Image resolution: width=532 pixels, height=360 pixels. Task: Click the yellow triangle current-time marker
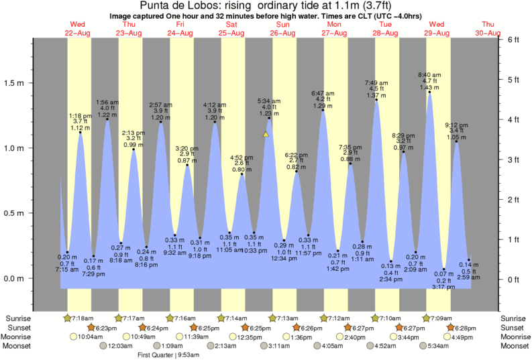coord(266,135)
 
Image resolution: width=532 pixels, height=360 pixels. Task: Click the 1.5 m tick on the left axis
coord(32,83)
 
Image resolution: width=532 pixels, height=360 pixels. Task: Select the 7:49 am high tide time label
coord(376,83)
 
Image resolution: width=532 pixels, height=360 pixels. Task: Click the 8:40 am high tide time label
coord(429,74)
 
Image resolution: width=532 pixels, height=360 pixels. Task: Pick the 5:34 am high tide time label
coord(269,101)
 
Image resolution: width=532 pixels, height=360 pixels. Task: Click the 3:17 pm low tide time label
coord(443,287)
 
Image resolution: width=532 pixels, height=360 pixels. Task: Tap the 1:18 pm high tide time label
coord(80,115)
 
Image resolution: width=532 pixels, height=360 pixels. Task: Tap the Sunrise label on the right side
coord(513,317)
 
